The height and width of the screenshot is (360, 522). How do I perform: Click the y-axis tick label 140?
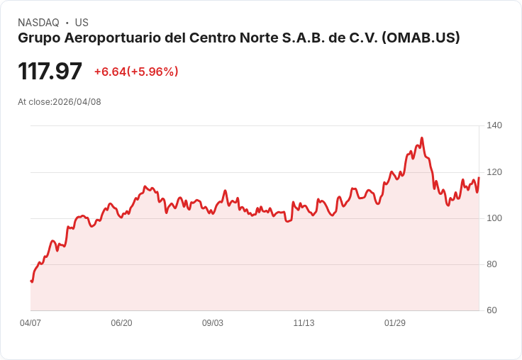[494, 125]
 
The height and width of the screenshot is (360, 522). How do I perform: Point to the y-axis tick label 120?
[494, 172]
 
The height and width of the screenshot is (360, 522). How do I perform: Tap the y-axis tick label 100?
[494, 218]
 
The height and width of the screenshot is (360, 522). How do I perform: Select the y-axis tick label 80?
[492, 264]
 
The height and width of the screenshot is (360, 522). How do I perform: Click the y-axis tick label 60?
[492, 310]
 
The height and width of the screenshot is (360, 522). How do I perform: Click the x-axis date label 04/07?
[30, 323]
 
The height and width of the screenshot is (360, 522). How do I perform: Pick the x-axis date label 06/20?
[121, 323]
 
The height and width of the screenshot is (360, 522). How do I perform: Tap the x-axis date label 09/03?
[213, 323]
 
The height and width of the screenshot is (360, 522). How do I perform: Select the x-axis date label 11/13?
[304, 323]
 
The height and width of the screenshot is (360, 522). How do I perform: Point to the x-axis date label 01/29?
[395, 323]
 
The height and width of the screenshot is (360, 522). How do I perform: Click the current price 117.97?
[50, 72]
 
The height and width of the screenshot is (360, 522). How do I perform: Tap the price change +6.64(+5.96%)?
[136, 72]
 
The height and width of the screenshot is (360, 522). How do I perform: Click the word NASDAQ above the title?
[38, 23]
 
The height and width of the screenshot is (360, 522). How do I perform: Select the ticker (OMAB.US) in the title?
[421, 38]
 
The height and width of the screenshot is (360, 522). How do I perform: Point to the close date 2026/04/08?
[77, 102]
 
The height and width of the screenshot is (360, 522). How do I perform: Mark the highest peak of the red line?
[422, 138]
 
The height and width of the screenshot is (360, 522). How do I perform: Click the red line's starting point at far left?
[31, 281]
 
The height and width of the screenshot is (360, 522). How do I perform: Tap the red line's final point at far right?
[479, 178]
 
